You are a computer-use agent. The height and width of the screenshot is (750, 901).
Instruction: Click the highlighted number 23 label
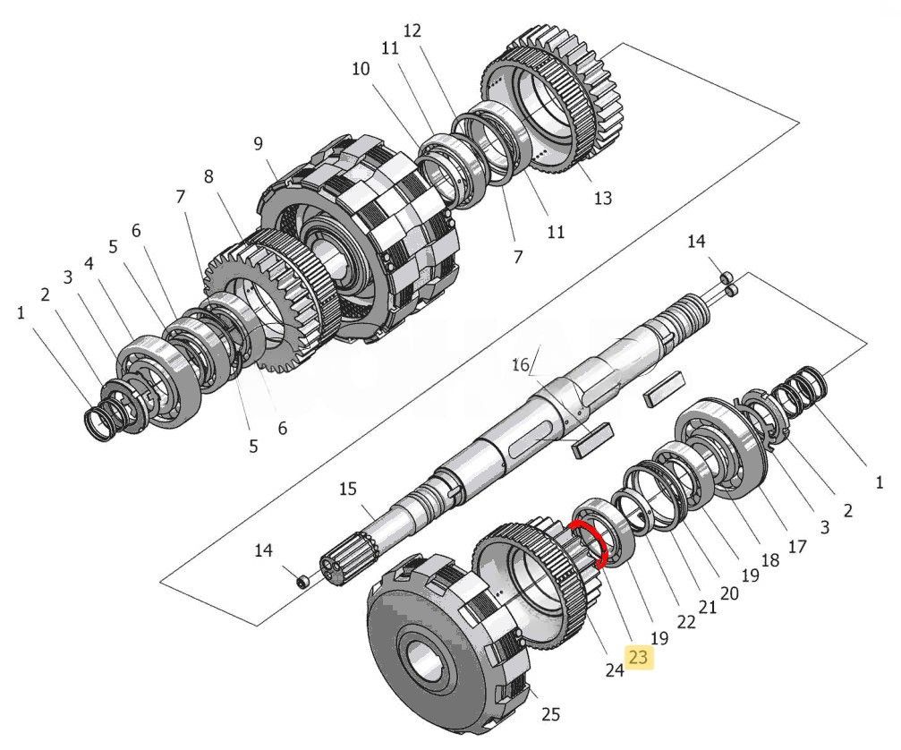(640, 659)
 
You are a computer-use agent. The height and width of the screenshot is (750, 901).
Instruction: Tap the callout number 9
(258, 143)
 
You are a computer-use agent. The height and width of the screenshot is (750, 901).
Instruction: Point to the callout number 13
(603, 198)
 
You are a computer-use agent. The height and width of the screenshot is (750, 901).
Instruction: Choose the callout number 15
(347, 489)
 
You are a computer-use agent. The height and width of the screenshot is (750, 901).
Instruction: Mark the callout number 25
(550, 714)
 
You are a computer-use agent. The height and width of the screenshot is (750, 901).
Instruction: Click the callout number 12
(412, 30)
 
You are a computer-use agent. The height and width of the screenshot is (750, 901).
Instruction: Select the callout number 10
(360, 69)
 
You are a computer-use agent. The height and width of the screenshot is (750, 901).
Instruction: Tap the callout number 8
(209, 176)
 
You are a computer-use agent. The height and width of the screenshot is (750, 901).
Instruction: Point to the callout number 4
(89, 264)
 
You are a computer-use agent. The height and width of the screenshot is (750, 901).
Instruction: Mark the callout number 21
(708, 608)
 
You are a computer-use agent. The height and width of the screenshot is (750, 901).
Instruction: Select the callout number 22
(685, 622)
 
